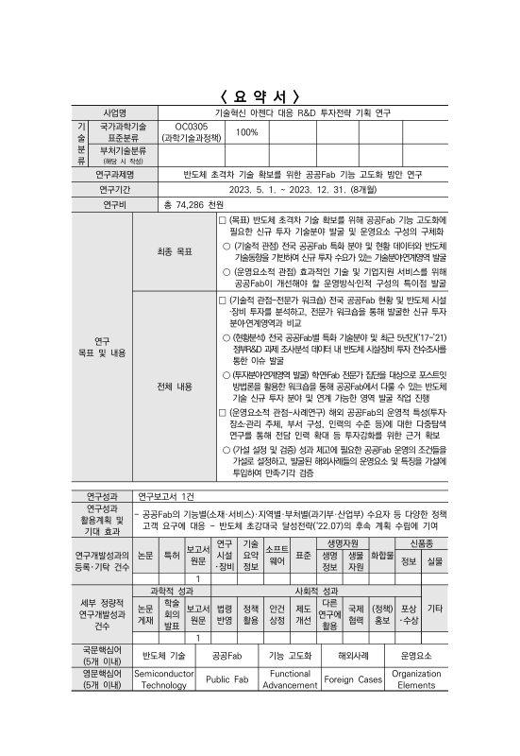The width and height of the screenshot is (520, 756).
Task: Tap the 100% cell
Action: point(246,131)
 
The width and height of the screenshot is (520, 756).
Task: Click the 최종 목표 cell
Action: point(176,252)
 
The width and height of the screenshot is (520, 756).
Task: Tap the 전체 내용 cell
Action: point(176,387)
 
